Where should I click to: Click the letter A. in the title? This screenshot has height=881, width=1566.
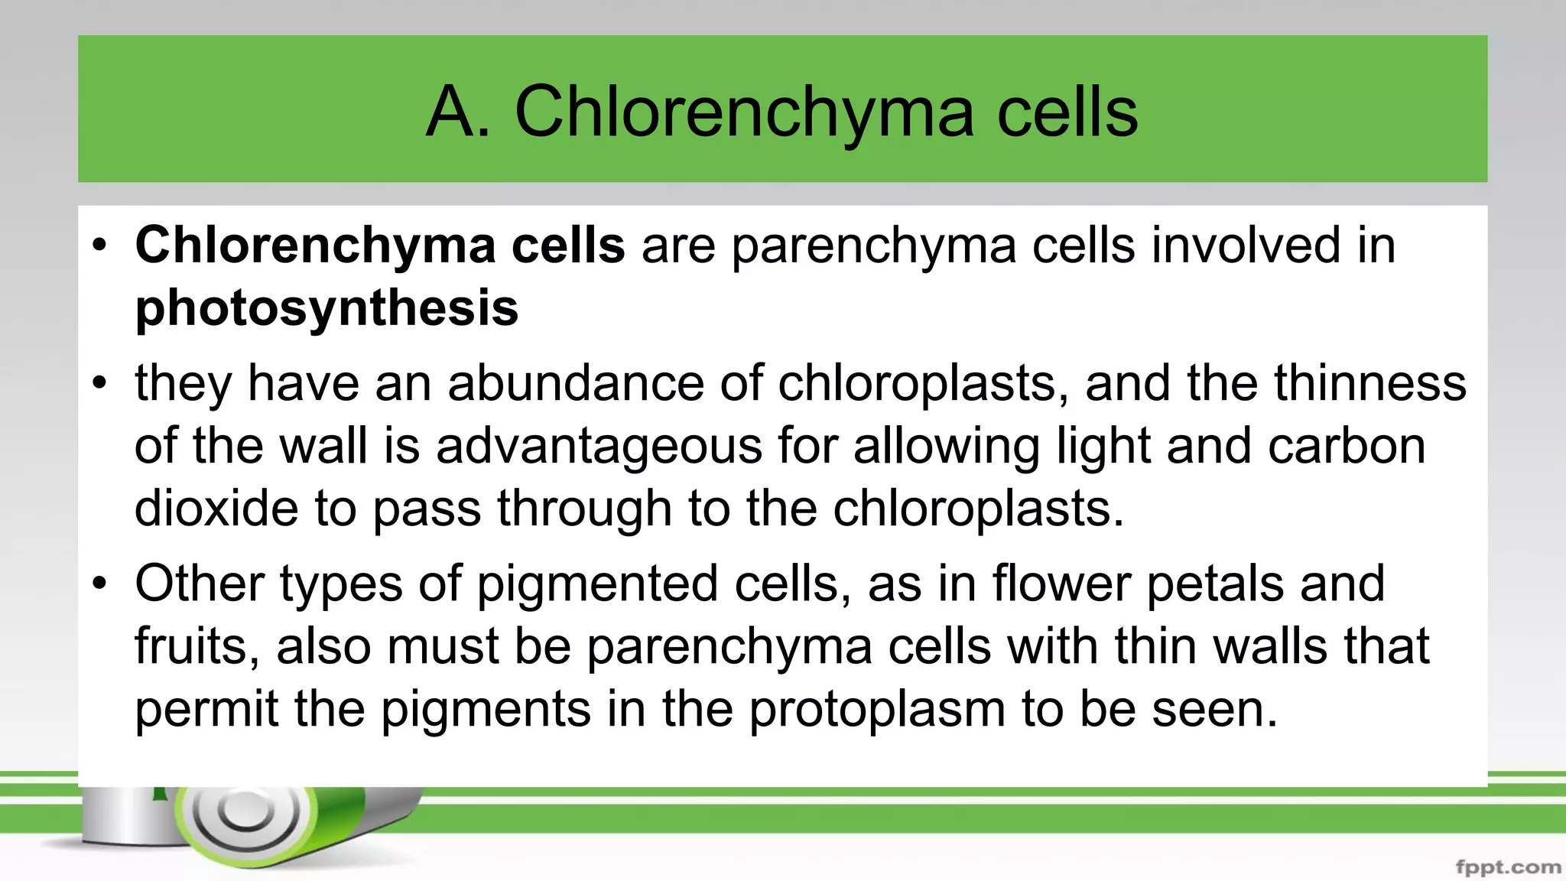pos(457,112)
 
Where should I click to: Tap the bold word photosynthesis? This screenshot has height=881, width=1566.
pos(327,307)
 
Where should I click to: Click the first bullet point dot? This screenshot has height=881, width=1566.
pos(99,246)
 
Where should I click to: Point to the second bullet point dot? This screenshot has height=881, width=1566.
pos(99,384)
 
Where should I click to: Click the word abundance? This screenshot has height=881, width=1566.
pos(575,382)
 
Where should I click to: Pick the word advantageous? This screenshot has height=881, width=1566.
pos(599,446)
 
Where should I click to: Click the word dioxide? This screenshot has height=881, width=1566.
pos(216,508)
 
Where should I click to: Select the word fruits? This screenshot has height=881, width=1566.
pos(198,647)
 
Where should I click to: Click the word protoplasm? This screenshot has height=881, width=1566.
pos(877,709)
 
